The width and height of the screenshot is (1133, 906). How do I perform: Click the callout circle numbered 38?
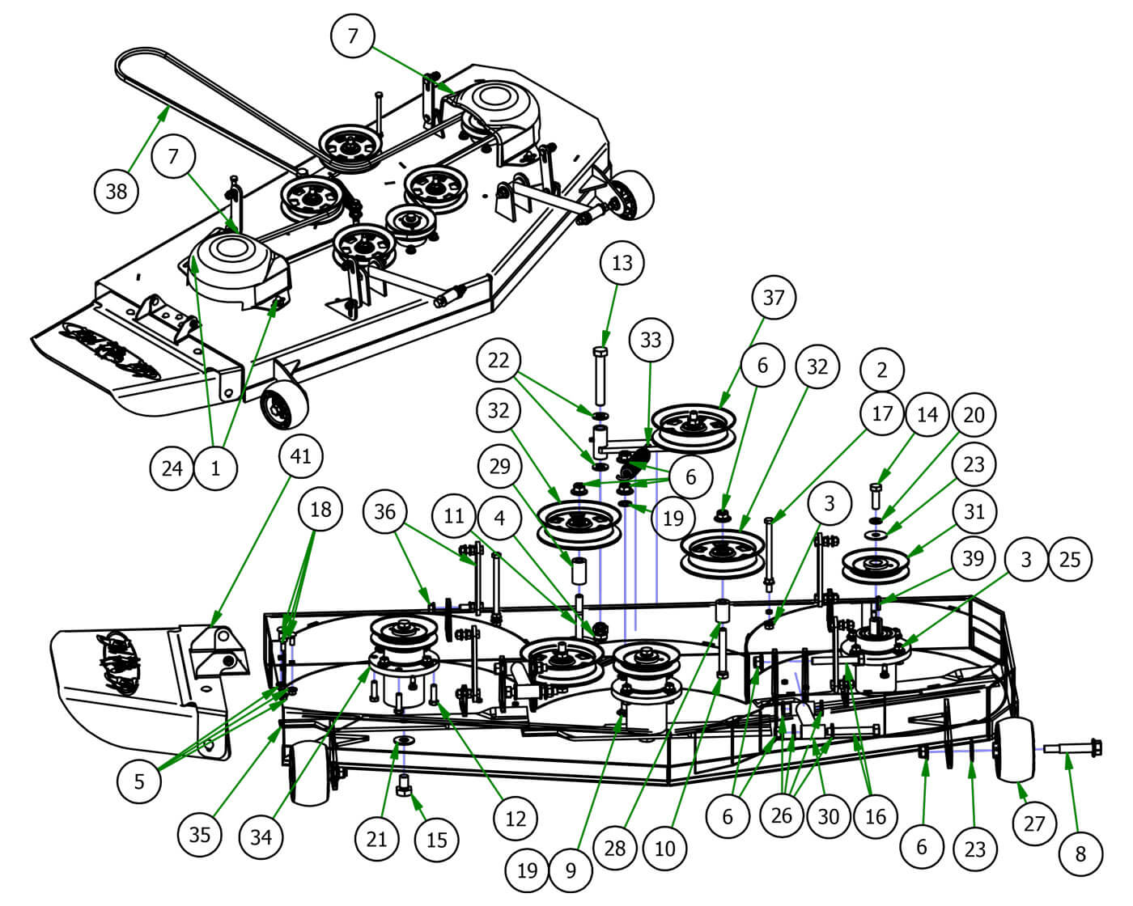coord(117,191)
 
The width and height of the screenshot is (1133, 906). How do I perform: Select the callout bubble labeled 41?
coord(300,456)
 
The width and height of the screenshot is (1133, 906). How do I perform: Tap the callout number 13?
coord(622,263)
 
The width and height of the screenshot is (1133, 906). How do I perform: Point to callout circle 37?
coord(773,297)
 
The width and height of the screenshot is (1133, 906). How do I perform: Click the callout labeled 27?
coord(1034,823)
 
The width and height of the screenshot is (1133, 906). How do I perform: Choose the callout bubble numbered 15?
coord(436,839)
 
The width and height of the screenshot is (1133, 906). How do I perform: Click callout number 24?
coord(172,467)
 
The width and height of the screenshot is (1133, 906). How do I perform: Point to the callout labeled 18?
coord(320,510)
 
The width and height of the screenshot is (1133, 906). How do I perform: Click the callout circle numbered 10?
coord(665,848)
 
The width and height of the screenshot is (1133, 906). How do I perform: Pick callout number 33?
coord(651,340)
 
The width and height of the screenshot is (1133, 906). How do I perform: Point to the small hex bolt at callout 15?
coord(405,787)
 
